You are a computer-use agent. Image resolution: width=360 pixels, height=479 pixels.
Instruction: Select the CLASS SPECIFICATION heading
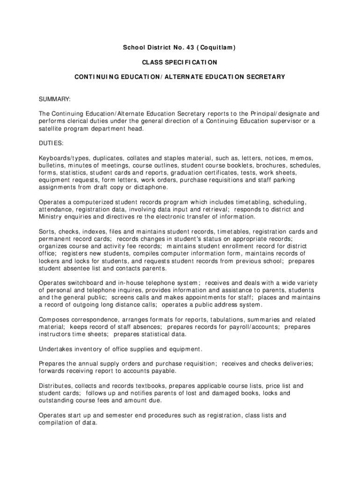point(180,62)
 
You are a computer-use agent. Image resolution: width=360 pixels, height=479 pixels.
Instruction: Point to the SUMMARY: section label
point(55,99)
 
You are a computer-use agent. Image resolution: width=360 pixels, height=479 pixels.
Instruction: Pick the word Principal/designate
point(275,114)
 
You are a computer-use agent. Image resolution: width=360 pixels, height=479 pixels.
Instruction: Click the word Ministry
point(50,217)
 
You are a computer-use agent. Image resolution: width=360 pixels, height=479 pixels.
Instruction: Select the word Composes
point(54,319)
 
